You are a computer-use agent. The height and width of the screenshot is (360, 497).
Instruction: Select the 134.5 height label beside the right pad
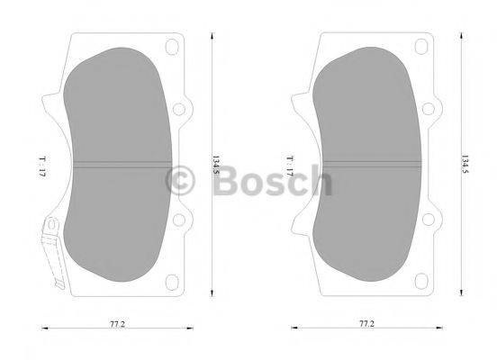click(x=465, y=165)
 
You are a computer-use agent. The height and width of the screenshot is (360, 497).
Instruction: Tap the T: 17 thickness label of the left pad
click(x=42, y=166)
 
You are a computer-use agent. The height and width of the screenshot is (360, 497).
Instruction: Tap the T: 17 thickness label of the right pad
click(x=290, y=166)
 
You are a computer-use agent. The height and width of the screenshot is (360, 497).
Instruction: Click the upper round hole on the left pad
click(x=177, y=110)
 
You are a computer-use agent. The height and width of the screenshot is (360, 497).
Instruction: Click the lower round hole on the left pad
click(x=177, y=219)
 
